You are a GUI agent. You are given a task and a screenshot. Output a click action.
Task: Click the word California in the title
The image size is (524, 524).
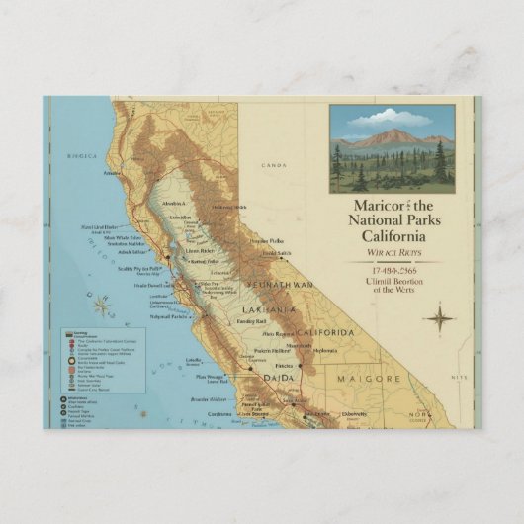[393, 237]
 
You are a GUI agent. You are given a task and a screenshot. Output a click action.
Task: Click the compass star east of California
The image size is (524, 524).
[438, 318]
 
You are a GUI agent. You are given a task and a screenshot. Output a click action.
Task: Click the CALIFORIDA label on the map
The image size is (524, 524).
[325, 331]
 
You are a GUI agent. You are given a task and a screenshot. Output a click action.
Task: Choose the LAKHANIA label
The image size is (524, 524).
[268, 309]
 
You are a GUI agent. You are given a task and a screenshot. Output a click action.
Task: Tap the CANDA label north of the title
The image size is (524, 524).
[272, 165]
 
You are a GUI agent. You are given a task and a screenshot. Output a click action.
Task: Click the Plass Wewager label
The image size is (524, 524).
[212, 376]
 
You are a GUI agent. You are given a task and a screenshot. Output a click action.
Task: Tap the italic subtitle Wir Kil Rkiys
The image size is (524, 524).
[393, 254]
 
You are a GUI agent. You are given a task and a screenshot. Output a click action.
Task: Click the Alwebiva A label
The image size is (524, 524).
[174, 202]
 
